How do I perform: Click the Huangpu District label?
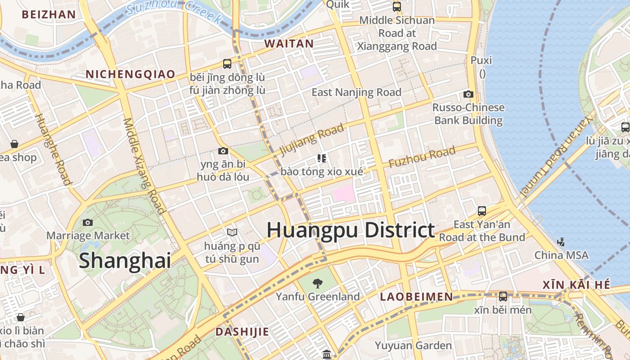tap(351, 230)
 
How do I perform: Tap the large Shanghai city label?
tap(125, 261)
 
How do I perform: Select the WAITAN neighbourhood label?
tap(288, 44)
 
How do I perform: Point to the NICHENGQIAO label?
tap(130, 74)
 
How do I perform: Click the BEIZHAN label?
tap(49, 14)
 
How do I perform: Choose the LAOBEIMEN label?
tap(416, 297)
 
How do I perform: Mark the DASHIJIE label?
tap(242, 332)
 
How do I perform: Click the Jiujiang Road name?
tap(311, 139)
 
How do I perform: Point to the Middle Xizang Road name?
tap(144, 165)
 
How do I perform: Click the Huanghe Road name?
tap(53, 149)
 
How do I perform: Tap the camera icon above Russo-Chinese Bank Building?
tap(468, 94)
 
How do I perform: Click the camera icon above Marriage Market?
tap(88, 222)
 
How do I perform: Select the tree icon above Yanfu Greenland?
tap(318, 283)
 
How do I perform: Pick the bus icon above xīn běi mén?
tap(503, 297)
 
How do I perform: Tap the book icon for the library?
tap(232, 232)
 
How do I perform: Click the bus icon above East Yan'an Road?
tap(482, 211)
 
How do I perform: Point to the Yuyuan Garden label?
tap(414, 346)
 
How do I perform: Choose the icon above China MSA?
tap(561, 242)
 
